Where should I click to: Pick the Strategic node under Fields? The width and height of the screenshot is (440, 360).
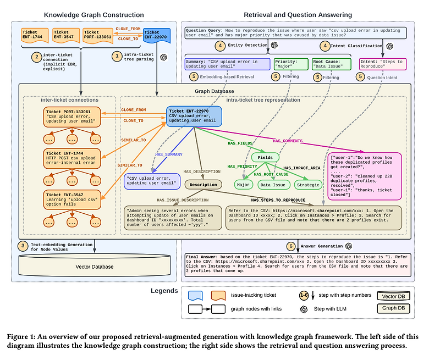pos(308,185)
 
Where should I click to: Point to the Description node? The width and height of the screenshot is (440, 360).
pos(204,185)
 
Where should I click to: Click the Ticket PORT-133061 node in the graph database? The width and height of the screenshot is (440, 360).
pos(73,117)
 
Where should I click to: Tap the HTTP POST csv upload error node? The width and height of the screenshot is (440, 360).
pos(73,158)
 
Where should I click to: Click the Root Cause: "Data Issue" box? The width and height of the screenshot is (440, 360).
pos(332,65)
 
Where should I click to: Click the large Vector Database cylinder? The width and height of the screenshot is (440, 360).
pos(95,266)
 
